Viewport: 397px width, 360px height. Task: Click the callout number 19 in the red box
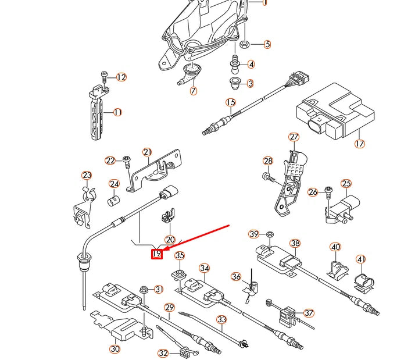[x=156, y=254]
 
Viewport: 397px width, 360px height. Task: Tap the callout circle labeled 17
[x=359, y=143]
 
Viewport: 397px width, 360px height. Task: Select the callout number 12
[x=121, y=77]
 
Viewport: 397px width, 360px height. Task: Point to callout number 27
[x=294, y=137]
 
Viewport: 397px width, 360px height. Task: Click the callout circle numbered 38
[x=295, y=243]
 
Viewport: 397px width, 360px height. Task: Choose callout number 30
[x=115, y=349]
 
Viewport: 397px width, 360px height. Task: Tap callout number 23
[x=87, y=175]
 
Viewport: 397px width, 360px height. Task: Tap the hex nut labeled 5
[x=244, y=44]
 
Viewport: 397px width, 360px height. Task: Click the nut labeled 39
[x=270, y=234]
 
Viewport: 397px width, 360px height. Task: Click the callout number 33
[x=221, y=319]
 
